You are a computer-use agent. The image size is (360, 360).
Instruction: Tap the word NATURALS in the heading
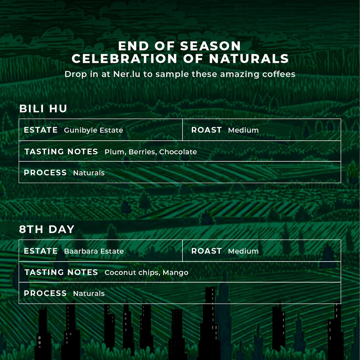point(249,58)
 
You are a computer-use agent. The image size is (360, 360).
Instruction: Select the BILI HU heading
point(43,109)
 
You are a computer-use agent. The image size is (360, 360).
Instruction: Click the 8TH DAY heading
point(47,229)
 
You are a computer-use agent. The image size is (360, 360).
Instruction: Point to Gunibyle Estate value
point(93,130)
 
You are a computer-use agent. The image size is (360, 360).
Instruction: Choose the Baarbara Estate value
point(94,251)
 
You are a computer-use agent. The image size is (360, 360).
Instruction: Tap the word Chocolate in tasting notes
point(178,152)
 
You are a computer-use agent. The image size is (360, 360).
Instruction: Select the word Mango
point(176,273)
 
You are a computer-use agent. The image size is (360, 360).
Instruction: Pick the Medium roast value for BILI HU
point(243,130)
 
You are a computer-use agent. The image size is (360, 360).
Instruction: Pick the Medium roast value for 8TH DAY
point(243,251)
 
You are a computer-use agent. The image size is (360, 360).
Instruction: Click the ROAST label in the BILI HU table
point(207,130)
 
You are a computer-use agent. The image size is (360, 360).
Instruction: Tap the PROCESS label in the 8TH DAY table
point(45,293)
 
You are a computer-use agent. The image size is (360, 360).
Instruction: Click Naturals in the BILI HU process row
point(89,173)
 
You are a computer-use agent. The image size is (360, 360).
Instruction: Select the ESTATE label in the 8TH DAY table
point(41,251)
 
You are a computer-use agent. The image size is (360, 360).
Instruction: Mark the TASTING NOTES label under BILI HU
point(61,152)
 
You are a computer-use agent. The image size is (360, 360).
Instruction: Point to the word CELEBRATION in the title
point(124,58)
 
